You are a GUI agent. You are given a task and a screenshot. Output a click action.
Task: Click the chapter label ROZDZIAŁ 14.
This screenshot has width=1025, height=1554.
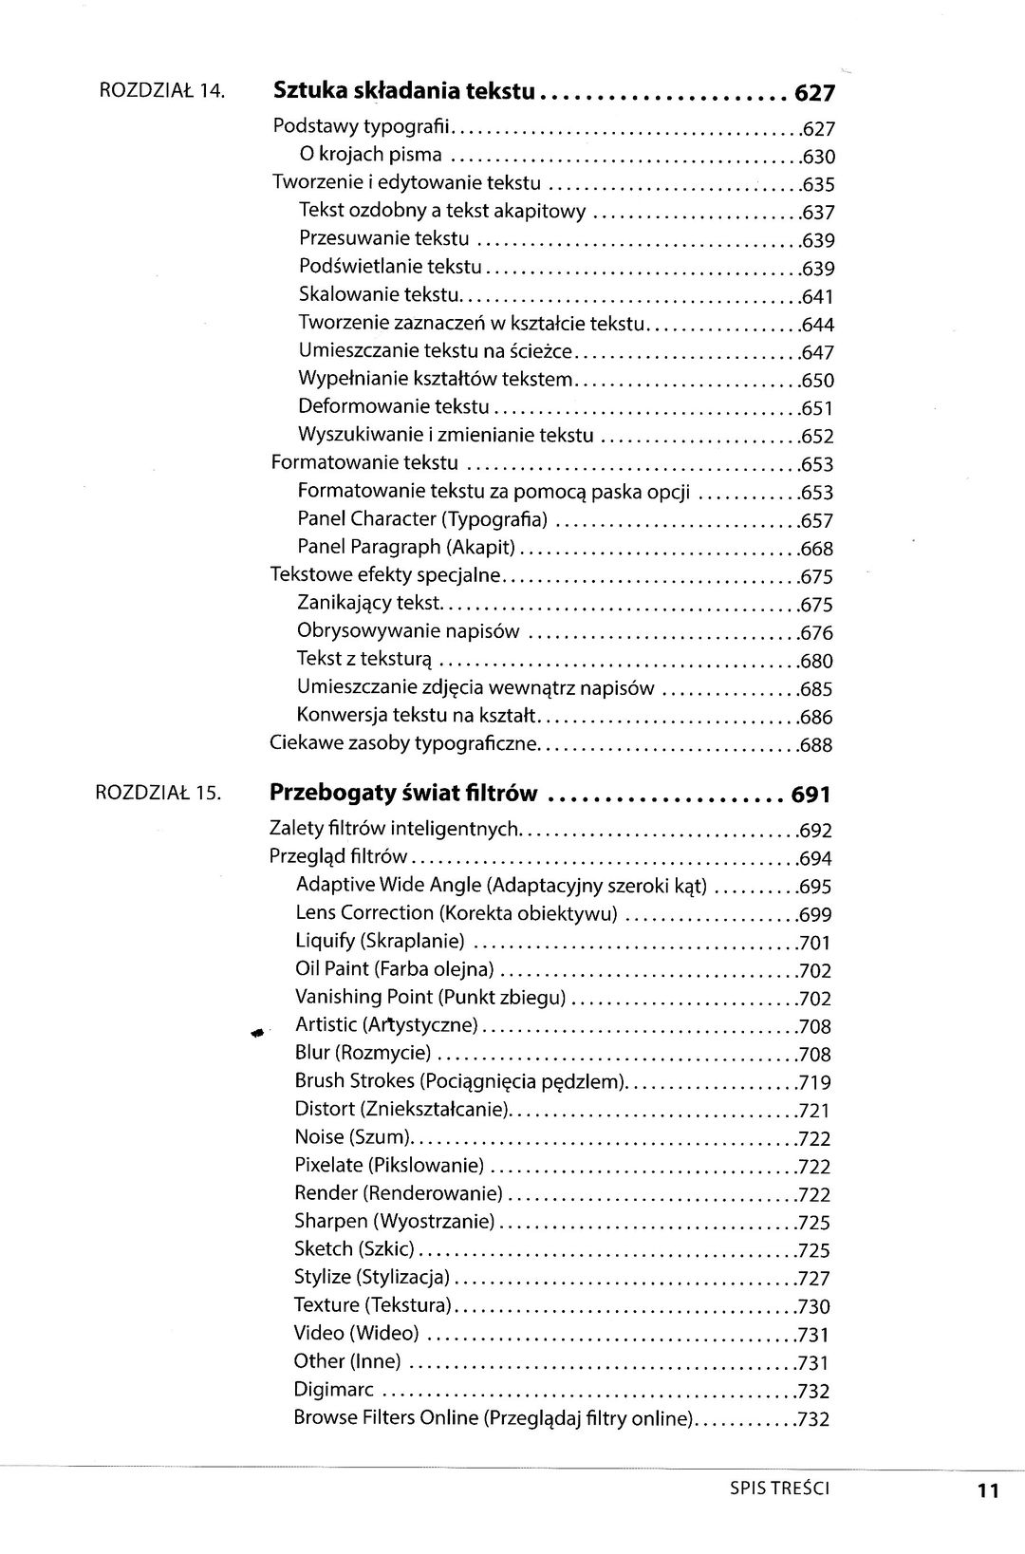point(161,92)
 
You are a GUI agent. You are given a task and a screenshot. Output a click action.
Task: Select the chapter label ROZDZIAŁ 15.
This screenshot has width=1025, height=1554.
point(159,792)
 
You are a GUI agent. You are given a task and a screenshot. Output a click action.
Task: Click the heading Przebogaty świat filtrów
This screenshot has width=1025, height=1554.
point(404,793)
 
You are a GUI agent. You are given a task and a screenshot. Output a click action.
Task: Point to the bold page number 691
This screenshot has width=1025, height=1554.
point(811,795)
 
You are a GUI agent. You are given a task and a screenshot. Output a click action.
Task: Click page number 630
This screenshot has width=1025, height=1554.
point(818,158)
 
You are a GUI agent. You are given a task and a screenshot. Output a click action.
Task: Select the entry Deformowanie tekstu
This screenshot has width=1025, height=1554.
point(393,408)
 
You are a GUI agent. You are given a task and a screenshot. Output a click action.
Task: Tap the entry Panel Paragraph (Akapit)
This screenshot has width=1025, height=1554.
point(406,548)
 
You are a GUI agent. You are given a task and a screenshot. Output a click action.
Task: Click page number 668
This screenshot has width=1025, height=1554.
point(816,550)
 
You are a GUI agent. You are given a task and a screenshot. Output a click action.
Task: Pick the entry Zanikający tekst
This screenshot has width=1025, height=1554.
point(369,604)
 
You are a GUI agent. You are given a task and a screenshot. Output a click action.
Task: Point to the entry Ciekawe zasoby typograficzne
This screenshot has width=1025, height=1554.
point(404,743)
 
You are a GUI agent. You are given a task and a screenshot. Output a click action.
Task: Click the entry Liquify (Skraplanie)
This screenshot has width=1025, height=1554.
point(380,941)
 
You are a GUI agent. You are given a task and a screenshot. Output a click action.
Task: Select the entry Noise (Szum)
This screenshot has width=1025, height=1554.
point(351,1137)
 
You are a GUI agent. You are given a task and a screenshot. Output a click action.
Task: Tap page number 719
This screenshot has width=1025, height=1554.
point(815,1083)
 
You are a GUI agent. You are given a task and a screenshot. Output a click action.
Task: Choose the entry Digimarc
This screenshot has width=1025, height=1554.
point(336,1390)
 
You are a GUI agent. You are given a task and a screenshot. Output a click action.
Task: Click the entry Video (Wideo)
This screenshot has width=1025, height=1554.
point(356,1334)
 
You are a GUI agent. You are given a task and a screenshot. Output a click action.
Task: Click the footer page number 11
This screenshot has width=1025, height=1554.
point(988,1491)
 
